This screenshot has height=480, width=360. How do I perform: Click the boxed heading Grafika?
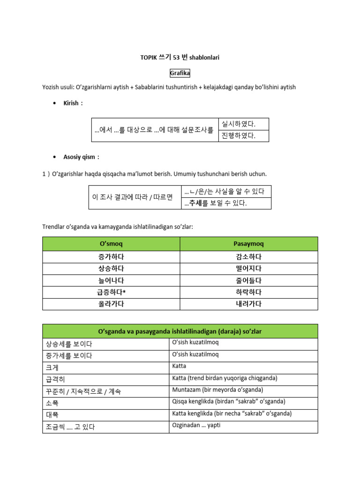tap(180, 73)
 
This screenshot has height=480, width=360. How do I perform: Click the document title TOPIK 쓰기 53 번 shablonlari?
tap(180, 57)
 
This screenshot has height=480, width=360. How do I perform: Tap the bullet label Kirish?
tap(73, 103)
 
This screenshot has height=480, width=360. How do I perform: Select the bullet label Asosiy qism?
tap(81, 157)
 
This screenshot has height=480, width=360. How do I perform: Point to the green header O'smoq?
tap(111, 244)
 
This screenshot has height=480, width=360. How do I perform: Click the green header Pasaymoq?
tap(249, 244)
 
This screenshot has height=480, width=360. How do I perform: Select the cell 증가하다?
tap(111, 257)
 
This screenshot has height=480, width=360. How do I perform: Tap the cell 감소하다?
tap(249, 257)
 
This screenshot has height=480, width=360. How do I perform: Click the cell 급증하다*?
tap(111, 292)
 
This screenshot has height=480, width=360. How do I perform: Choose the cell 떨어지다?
tap(249, 269)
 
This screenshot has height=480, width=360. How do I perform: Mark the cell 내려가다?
tap(249, 304)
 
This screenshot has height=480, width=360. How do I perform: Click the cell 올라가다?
tap(111, 304)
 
